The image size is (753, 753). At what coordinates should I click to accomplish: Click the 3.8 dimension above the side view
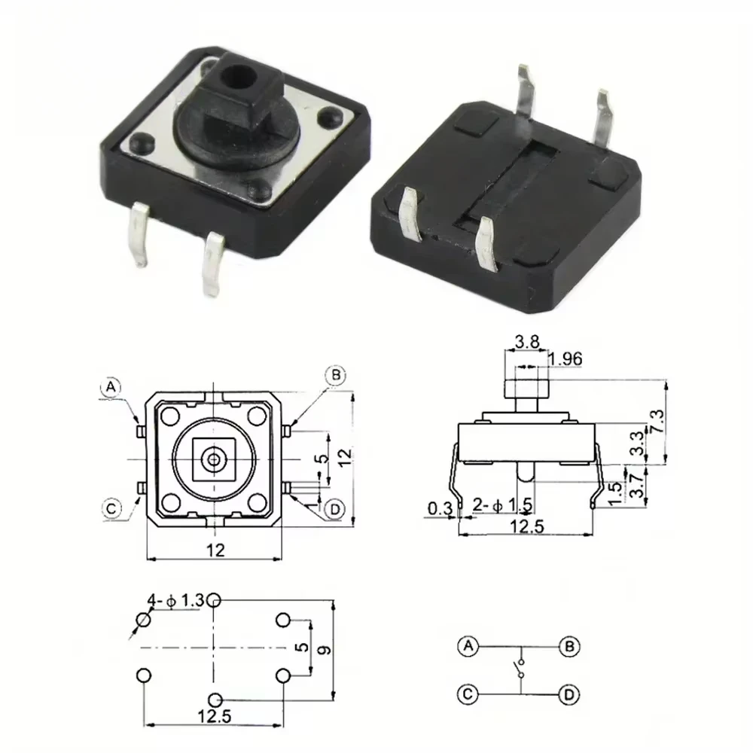pyautogui.click(x=527, y=342)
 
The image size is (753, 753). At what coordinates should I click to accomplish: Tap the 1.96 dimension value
pyautogui.click(x=566, y=358)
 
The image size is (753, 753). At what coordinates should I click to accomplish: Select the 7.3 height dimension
pyautogui.click(x=657, y=421)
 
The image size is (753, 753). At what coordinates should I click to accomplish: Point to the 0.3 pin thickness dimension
pyautogui.click(x=440, y=508)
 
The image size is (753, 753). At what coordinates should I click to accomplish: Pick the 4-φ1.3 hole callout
pyautogui.click(x=175, y=600)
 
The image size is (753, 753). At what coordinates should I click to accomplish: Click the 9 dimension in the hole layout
pyautogui.click(x=325, y=650)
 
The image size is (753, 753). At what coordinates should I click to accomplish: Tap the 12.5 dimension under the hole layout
pyautogui.click(x=215, y=717)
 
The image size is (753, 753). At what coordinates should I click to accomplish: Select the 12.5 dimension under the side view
pyautogui.click(x=527, y=526)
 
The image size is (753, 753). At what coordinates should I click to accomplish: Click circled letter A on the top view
pyautogui.click(x=111, y=387)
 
